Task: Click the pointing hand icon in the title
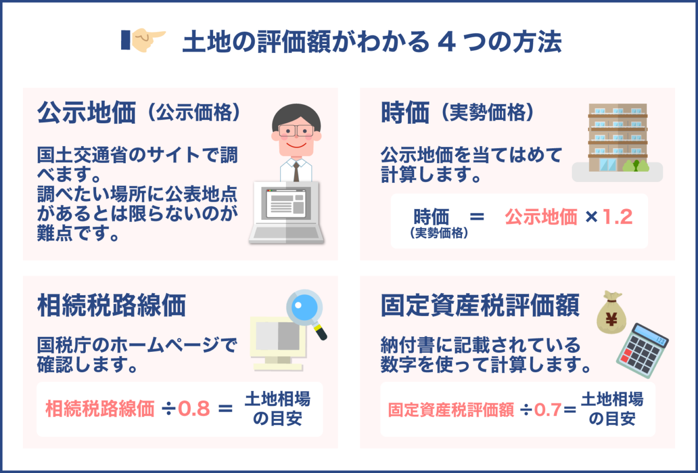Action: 143,40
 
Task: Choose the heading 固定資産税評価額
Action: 480,306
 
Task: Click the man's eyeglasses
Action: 296,130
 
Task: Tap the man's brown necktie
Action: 296,171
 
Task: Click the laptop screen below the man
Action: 285,206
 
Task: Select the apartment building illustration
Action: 617,136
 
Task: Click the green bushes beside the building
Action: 636,166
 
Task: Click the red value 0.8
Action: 194,409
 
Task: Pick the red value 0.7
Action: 547,410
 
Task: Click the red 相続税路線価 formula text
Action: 100,409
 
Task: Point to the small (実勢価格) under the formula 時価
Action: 439,233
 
